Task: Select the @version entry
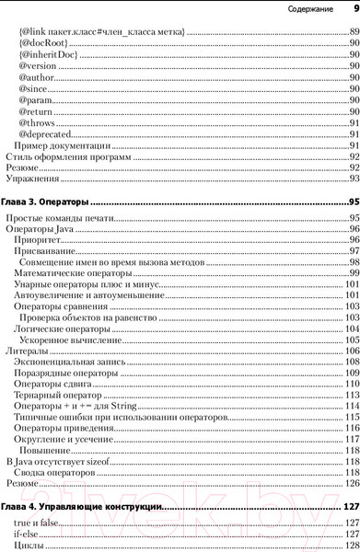tap(38, 67)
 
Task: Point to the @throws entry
tap(37, 122)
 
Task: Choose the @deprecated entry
tap(44, 135)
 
